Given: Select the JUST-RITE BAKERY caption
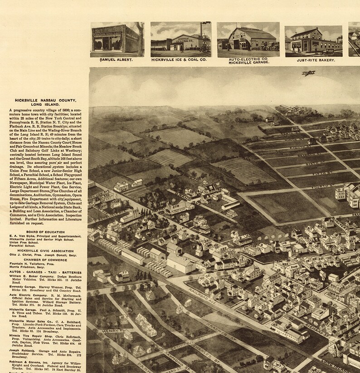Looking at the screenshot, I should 313,59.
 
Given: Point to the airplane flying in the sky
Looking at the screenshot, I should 309,73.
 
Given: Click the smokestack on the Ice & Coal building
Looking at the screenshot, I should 201,31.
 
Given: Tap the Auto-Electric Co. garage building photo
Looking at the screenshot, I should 247,39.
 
